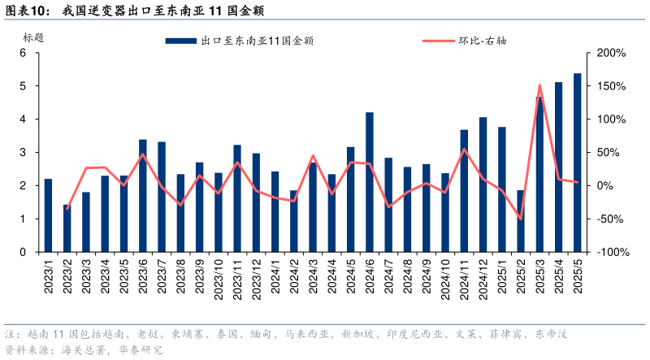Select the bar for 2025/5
[x=577, y=163]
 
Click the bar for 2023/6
[x=143, y=196]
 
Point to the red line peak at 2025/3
[x=539, y=85]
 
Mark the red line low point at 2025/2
[x=520, y=219]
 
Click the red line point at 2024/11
[x=464, y=149]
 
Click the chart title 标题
[x=33, y=37]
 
